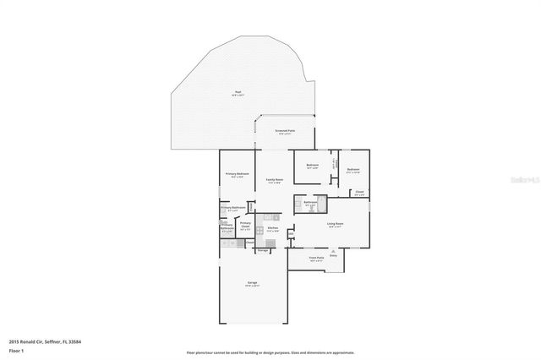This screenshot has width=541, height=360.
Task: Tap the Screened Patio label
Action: [286, 131]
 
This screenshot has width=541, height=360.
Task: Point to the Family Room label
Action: [274, 179]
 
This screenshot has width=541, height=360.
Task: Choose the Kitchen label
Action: [273, 227]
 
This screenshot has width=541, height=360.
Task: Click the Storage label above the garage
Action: [263, 251]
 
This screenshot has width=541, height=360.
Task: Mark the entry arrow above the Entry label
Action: [333, 252]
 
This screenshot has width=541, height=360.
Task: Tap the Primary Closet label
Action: [245, 225]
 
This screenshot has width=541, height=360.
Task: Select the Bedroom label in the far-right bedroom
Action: [353, 170]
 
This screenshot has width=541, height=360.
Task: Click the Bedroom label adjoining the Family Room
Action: [312, 165]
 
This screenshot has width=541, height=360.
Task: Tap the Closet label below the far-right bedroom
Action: [359, 192]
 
